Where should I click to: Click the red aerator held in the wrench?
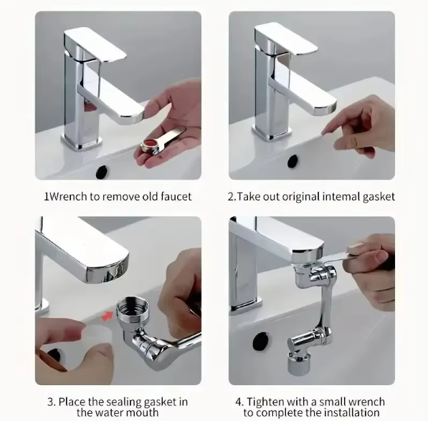click(x=148, y=146)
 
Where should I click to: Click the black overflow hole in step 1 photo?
click(x=102, y=171)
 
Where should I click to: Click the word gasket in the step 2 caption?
click(x=377, y=196)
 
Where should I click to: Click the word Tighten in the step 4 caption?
click(x=270, y=402)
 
